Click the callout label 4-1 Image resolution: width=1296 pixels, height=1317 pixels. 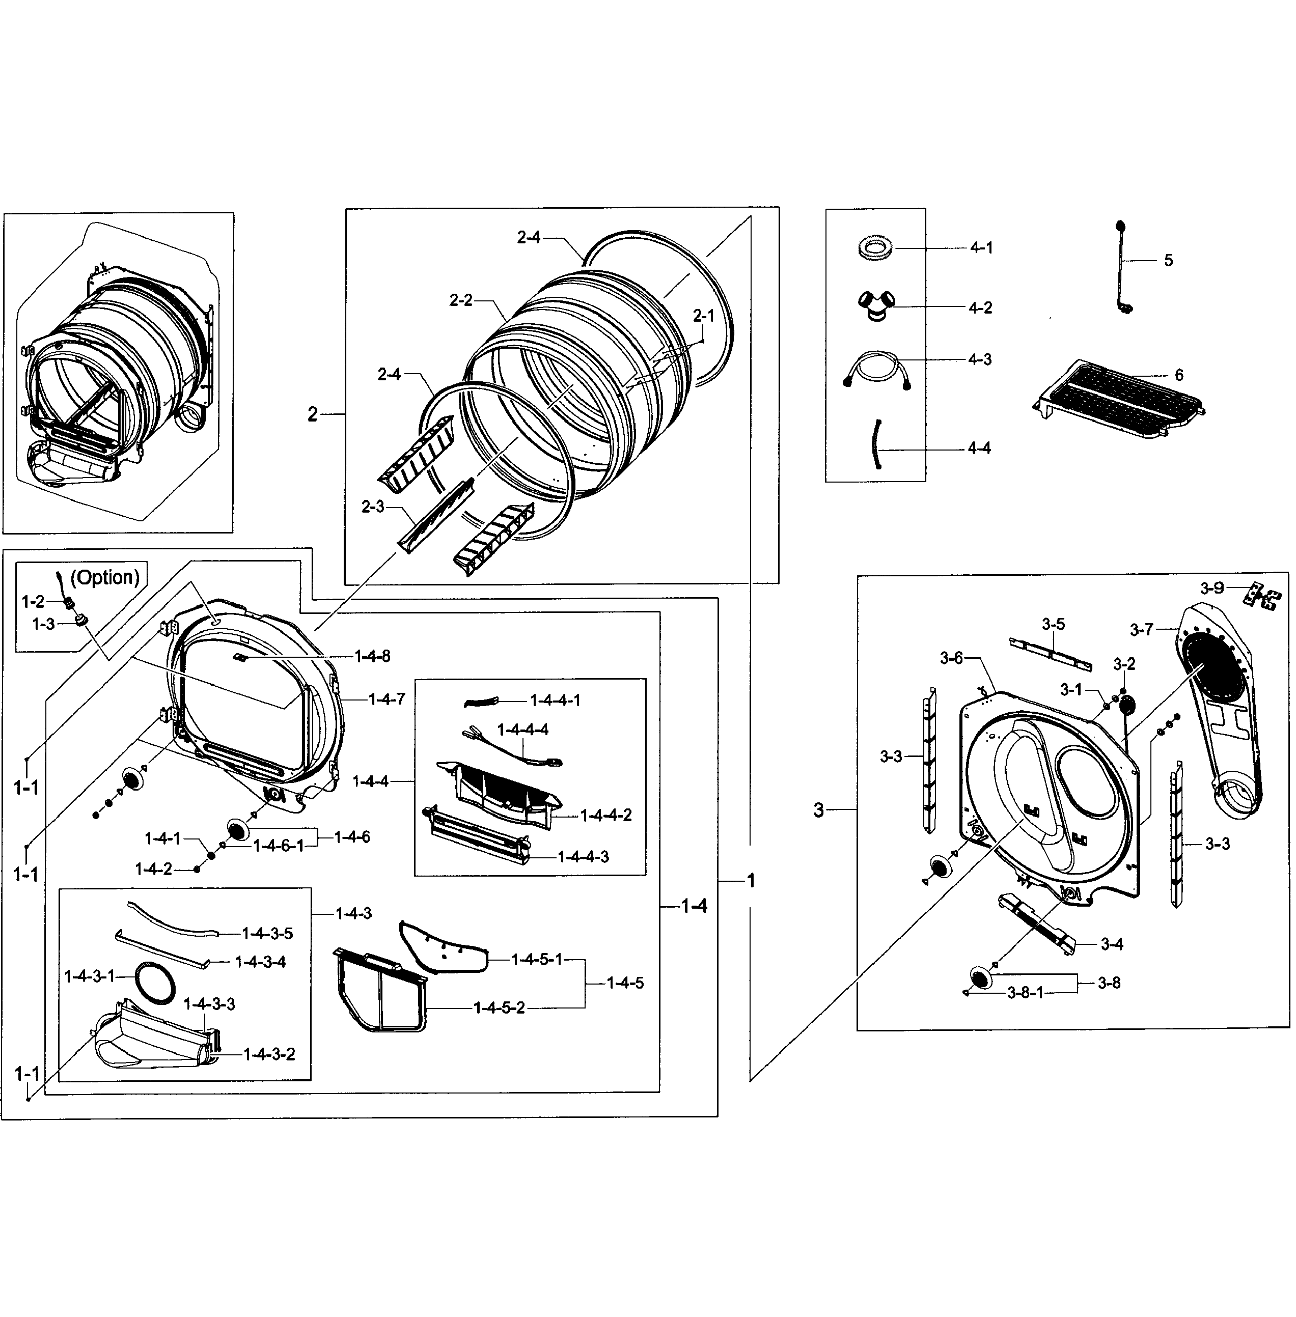point(981,248)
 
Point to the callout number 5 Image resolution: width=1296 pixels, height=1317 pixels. point(1168,261)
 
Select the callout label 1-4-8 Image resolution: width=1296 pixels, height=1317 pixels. point(372,656)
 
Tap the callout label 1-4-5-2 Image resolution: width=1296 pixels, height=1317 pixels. point(499,1008)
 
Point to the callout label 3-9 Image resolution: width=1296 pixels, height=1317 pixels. point(1211,588)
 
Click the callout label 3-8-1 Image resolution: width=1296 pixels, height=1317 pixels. point(1025,993)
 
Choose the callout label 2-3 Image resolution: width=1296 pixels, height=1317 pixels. point(373,507)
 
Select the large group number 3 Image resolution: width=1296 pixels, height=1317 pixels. point(819,810)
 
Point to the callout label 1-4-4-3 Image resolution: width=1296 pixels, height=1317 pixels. point(584,857)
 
